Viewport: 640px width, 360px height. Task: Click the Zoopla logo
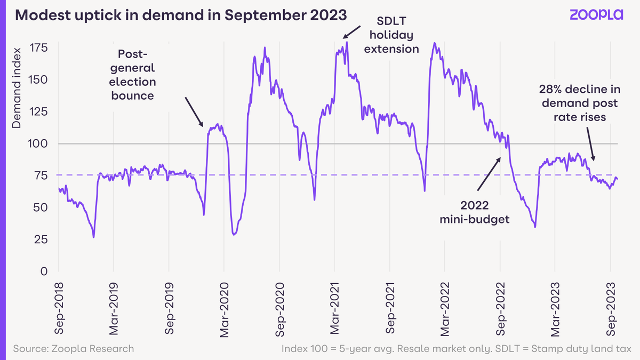pos(596,15)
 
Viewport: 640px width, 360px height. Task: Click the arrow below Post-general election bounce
pos(194,112)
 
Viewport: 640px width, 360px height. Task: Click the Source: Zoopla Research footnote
pos(74,349)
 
